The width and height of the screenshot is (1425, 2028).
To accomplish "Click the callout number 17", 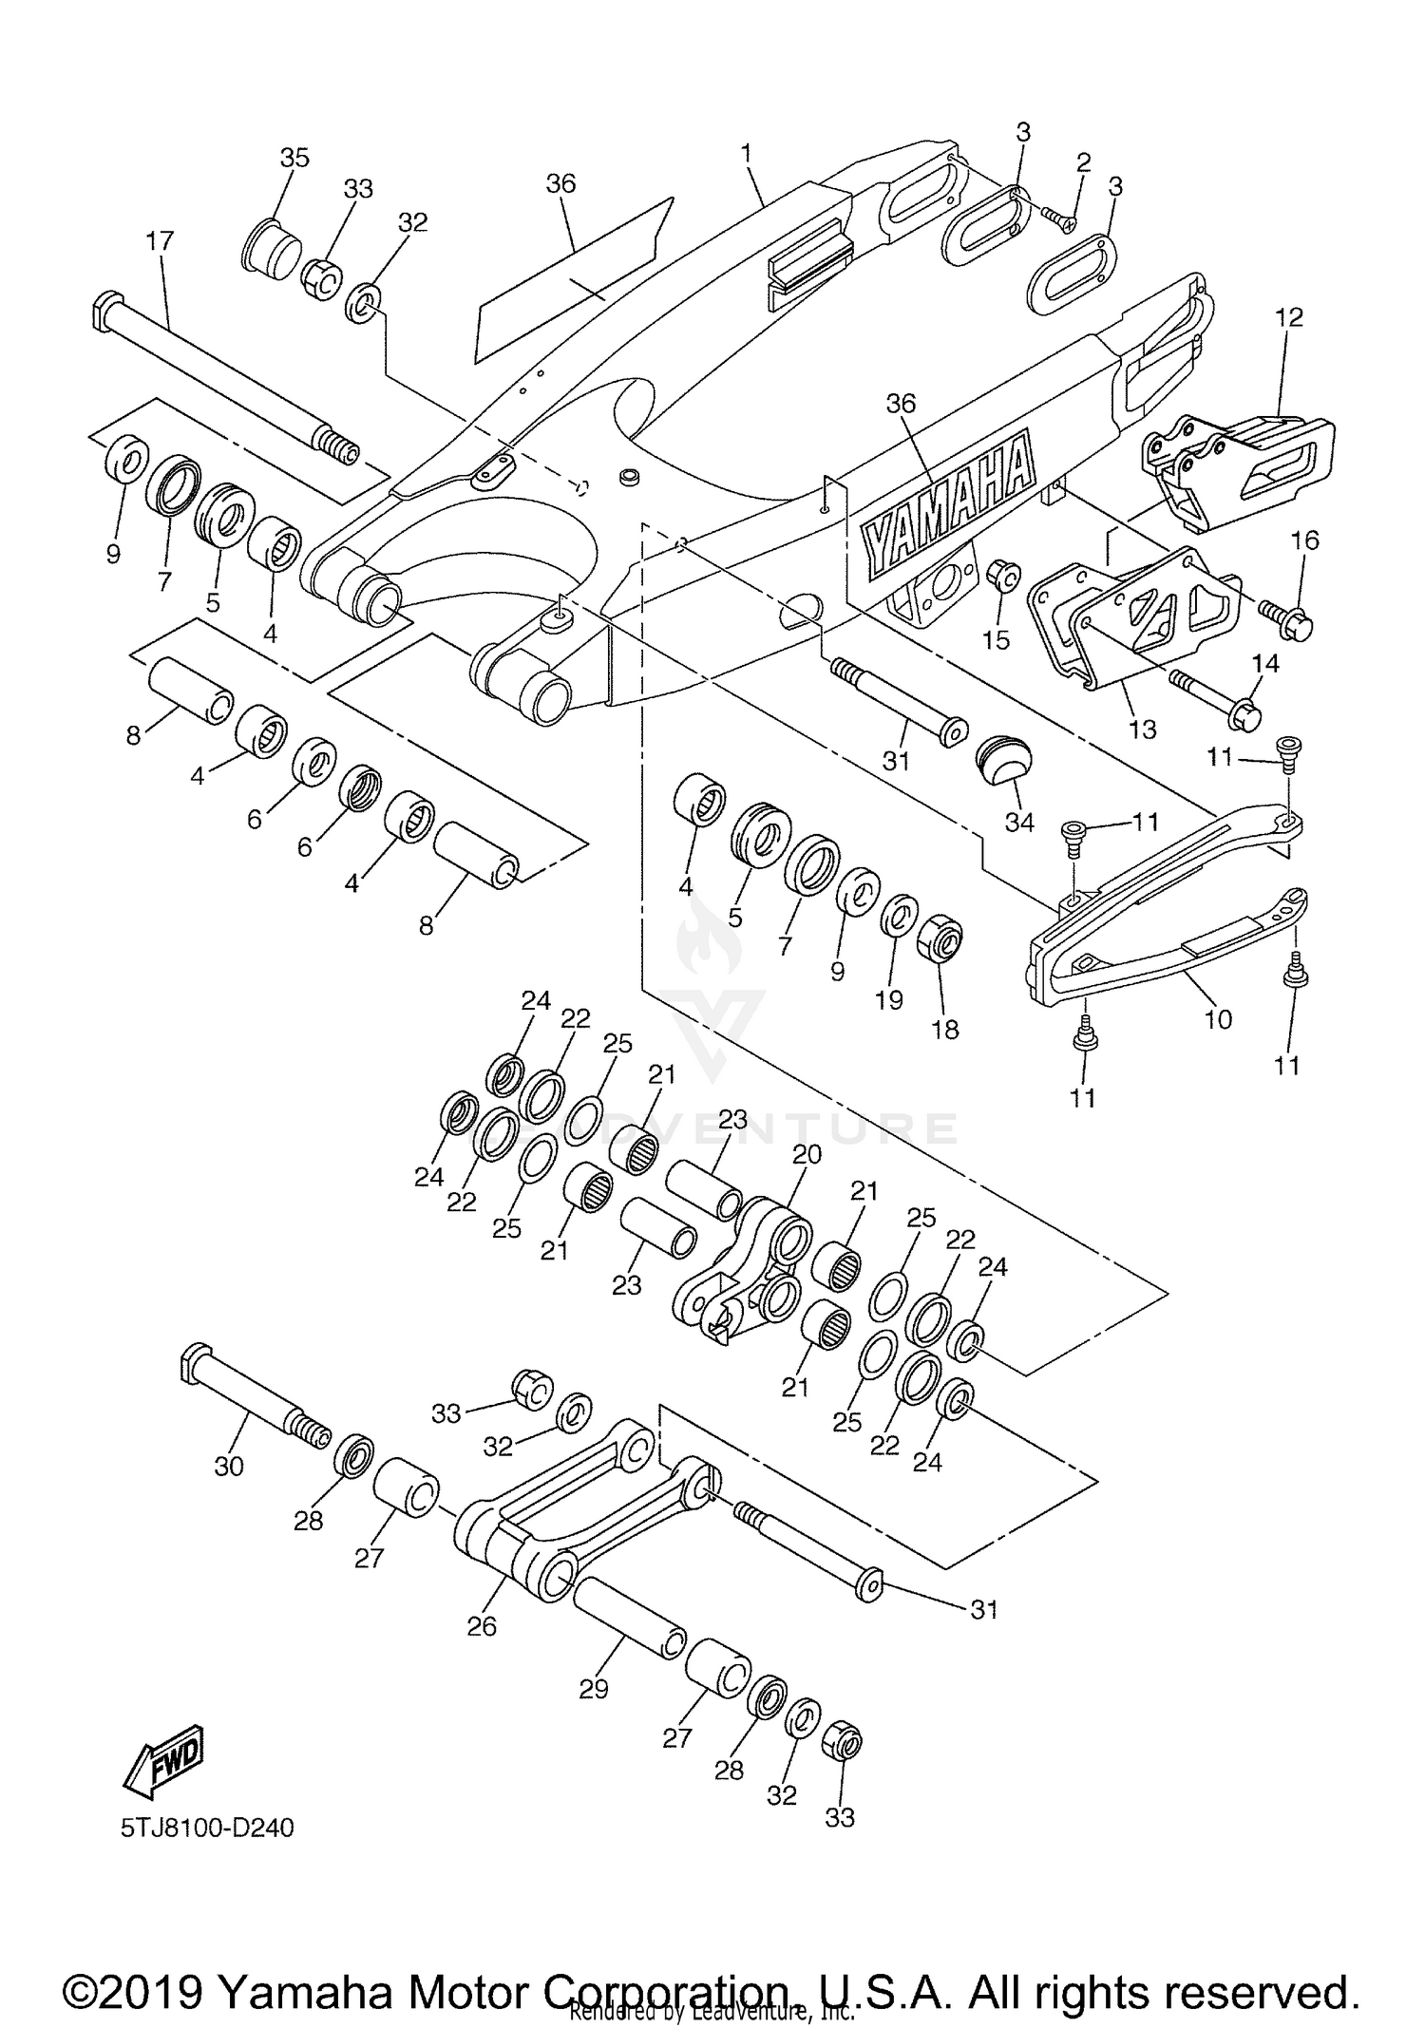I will [160, 241].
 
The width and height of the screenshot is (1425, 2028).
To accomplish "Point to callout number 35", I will [294, 157].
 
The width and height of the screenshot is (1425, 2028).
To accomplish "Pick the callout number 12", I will [1289, 316].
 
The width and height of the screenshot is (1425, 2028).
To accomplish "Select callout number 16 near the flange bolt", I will [1304, 540].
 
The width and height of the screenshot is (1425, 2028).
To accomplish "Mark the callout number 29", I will [593, 1688].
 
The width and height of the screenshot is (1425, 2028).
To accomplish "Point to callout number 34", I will [1019, 821].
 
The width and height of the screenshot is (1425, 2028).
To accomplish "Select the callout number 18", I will [945, 1028].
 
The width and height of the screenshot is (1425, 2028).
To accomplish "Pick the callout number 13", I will [1143, 729].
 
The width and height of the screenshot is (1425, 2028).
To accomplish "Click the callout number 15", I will [996, 639].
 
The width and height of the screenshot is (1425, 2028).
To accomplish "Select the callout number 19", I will [889, 999].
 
